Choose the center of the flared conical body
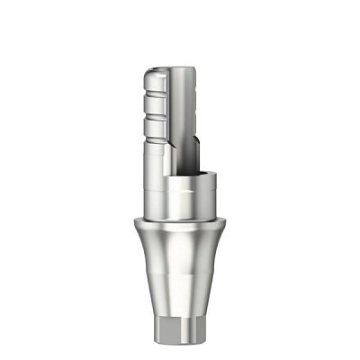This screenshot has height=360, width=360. (x=180, y=270)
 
